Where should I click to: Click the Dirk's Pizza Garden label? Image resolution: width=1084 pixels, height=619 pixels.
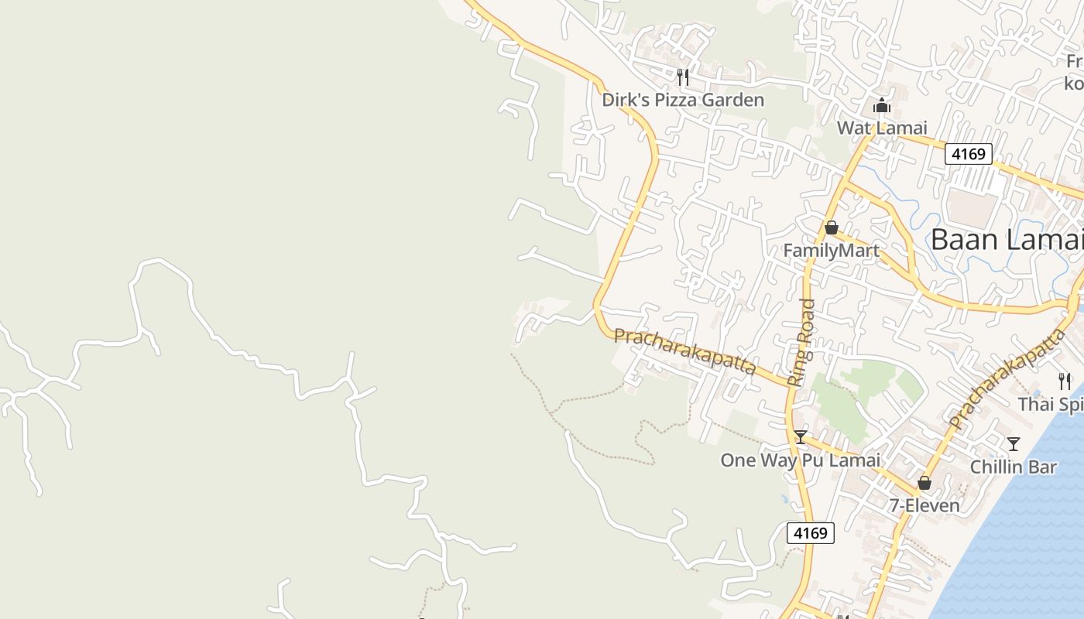[683, 100]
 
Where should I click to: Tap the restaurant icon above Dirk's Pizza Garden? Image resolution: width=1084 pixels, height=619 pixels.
[683, 77]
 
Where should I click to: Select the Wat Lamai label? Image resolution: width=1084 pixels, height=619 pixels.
[882, 128]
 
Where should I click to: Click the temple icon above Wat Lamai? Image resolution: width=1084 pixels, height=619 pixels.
[882, 106]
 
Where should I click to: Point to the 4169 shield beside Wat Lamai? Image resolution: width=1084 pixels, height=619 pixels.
[969, 154]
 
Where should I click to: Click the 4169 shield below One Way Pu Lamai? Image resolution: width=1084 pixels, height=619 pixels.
[811, 532]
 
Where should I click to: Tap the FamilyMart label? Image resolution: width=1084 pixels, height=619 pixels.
[831, 251]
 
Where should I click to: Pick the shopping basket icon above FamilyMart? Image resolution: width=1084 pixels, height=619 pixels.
[832, 228]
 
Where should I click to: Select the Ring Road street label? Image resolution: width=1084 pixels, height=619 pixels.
[802, 342]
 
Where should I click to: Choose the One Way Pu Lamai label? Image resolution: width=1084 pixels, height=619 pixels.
[800, 460]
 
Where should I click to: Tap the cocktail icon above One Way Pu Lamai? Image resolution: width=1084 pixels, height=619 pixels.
[801, 437]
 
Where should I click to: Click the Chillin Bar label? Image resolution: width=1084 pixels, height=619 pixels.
[1013, 467]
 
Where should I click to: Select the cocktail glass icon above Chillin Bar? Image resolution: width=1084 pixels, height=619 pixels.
[1013, 444]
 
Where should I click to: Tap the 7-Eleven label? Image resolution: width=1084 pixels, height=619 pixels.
[924, 506]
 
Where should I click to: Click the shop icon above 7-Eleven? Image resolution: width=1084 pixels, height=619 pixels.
[924, 484]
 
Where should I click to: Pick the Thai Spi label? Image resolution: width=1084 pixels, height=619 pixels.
[1050, 405]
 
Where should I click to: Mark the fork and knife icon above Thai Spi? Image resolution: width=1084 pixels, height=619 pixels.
[1065, 381]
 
